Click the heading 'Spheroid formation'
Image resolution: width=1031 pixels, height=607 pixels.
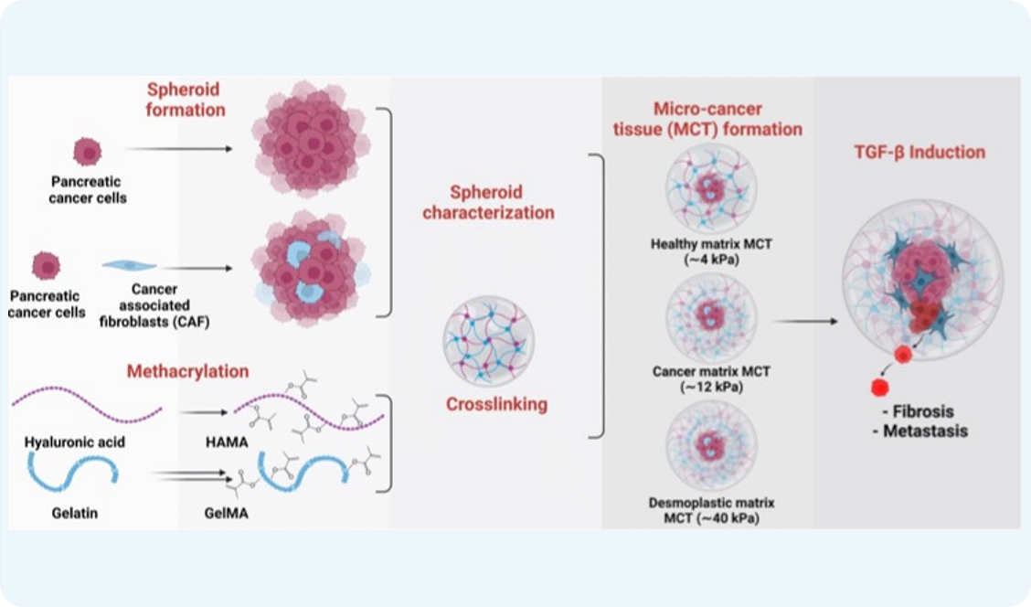(x=186, y=100)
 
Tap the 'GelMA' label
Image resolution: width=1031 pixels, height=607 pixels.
(x=227, y=513)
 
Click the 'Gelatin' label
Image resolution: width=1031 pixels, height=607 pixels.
(x=76, y=513)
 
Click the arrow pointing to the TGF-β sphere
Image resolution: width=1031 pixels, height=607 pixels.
(x=804, y=322)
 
